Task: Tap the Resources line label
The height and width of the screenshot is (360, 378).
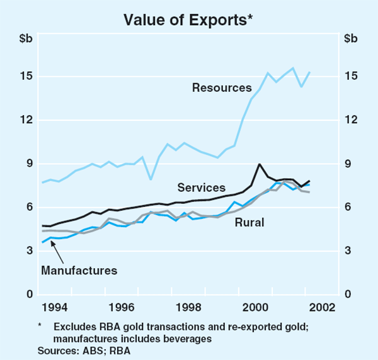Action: [x=222, y=87]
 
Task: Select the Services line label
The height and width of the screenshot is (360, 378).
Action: [x=202, y=188]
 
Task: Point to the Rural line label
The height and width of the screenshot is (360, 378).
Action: [x=249, y=222]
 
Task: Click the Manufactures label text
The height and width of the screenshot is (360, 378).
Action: [x=79, y=271]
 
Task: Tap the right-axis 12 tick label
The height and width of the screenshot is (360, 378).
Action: [x=351, y=120]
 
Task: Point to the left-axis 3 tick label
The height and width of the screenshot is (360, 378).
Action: [x=29, y=251]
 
